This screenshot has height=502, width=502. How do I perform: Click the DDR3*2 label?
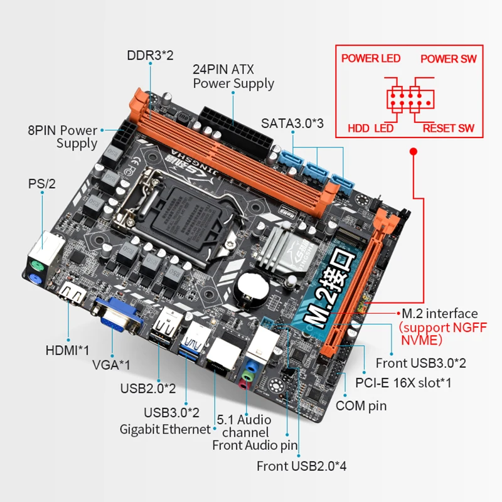150,55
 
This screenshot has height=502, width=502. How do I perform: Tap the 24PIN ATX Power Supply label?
233,77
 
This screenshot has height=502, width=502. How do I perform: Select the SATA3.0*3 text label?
292,124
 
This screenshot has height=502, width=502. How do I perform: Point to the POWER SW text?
448,59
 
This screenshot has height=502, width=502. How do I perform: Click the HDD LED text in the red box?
370,129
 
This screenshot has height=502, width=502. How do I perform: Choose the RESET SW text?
448,129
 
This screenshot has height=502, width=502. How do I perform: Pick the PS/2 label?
42,184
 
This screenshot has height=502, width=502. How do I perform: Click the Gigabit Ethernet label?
165,429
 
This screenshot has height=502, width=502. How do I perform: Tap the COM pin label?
361,405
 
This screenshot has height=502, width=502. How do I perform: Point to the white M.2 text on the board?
326,295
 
